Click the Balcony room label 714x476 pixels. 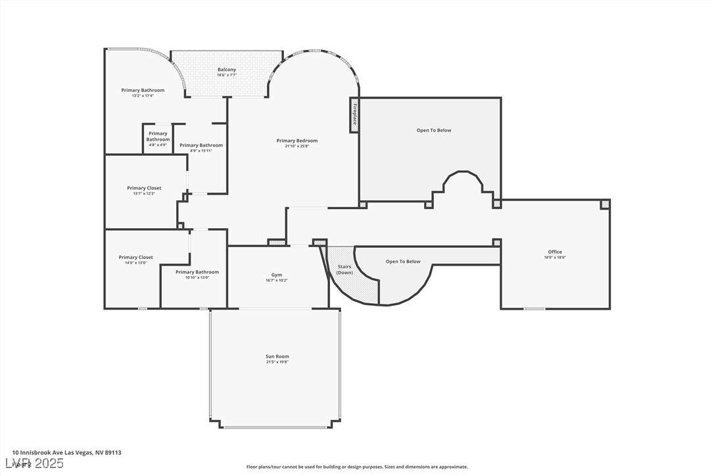227,70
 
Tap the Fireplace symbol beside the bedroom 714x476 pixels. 354,115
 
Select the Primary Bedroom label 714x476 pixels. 297,141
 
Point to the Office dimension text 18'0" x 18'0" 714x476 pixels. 555,258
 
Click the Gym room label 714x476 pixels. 276,275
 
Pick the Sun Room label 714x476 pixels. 277,356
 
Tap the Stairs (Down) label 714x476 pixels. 345,269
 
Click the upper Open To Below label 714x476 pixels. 434,130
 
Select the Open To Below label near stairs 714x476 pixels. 402,262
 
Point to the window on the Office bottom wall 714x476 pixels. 534,308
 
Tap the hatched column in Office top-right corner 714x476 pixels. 604,205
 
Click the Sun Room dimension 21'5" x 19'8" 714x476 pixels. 277,362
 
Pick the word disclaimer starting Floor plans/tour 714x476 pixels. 357,467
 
